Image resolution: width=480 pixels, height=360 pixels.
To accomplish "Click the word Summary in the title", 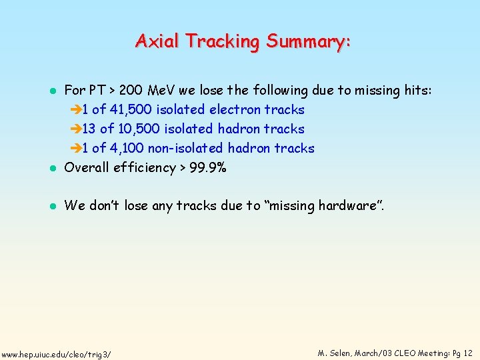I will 308,41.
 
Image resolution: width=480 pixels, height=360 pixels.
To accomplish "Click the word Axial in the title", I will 158,41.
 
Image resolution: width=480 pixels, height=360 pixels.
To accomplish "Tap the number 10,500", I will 139,129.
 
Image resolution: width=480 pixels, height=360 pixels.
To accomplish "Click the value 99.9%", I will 208,167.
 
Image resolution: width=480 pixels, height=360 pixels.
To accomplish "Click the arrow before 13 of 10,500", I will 75,129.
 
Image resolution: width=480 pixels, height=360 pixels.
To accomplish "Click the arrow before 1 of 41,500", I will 75,109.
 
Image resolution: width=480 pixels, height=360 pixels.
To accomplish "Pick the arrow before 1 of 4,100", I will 75,148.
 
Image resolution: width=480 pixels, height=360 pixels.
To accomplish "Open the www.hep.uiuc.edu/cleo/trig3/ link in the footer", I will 56,353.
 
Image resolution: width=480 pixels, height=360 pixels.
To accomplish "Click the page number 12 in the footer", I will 467,353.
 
